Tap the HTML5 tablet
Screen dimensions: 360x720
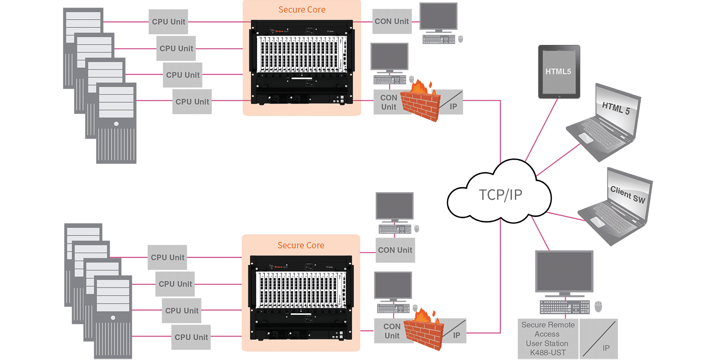(559, 72)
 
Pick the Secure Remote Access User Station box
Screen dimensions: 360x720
(548, 339)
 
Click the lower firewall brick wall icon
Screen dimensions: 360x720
(423, 331)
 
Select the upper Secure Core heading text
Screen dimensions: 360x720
(301, 10)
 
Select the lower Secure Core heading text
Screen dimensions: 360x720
(301, 245)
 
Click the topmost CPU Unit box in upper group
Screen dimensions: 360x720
(168, 22)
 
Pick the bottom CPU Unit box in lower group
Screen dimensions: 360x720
(191, 337)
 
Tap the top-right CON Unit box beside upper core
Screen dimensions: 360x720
(392, 21)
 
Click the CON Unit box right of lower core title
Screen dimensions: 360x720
(395, 250)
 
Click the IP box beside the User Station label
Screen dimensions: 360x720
(598, 339)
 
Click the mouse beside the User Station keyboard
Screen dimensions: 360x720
(598, 306)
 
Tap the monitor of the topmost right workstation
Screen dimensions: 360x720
(438, 17)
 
